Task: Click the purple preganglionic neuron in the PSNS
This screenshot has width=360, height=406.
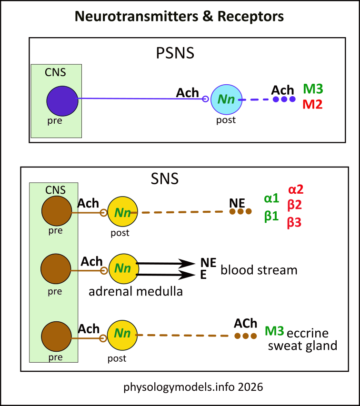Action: coord(62,101)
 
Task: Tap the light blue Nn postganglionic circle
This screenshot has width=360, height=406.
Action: coord(227,99)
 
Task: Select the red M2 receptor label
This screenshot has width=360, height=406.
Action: coord(312,104)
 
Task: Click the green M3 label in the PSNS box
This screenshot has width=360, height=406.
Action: coord(313,89)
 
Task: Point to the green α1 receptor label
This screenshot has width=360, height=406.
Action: coord(271,198)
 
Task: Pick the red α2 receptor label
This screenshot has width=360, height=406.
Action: coord(295,189)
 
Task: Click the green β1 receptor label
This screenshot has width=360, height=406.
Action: coord(271,216)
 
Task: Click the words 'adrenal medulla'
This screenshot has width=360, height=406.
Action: coord(136,291)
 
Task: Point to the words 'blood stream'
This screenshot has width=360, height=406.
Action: coord(259,270)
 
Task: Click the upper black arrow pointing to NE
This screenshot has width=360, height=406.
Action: coord(165,263)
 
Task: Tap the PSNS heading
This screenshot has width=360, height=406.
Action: coord(175,53)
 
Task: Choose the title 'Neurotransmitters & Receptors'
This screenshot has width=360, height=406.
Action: coord(180,17)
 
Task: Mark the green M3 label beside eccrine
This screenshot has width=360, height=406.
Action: coord(274,331)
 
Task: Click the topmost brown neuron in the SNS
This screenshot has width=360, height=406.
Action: coord(57,212)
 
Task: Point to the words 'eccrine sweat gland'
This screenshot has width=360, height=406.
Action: coord(302,339)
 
